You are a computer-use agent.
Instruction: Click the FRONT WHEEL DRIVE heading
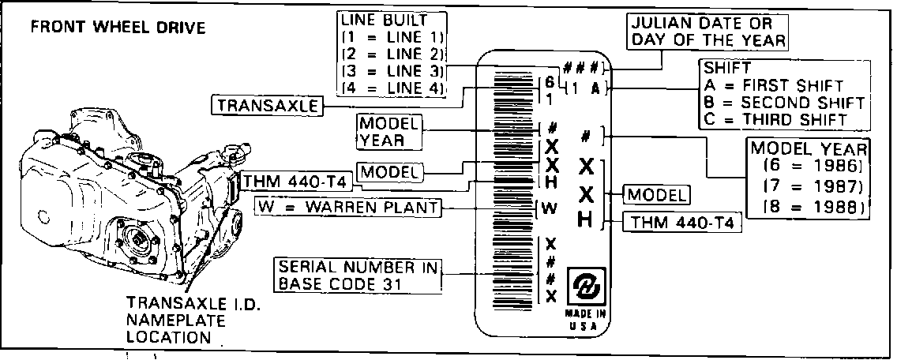tap(118, 28)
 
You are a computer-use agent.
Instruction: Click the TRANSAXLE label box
tap(267, 105)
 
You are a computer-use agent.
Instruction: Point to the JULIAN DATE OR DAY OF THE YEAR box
tap(708, 31)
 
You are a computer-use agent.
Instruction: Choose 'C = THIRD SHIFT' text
tap(775, 119)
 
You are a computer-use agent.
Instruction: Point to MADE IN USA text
tap(585, 321)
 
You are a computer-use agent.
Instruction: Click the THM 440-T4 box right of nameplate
tap(682, 223)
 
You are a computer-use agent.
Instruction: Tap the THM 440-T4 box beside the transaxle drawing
tap(295, 182)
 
